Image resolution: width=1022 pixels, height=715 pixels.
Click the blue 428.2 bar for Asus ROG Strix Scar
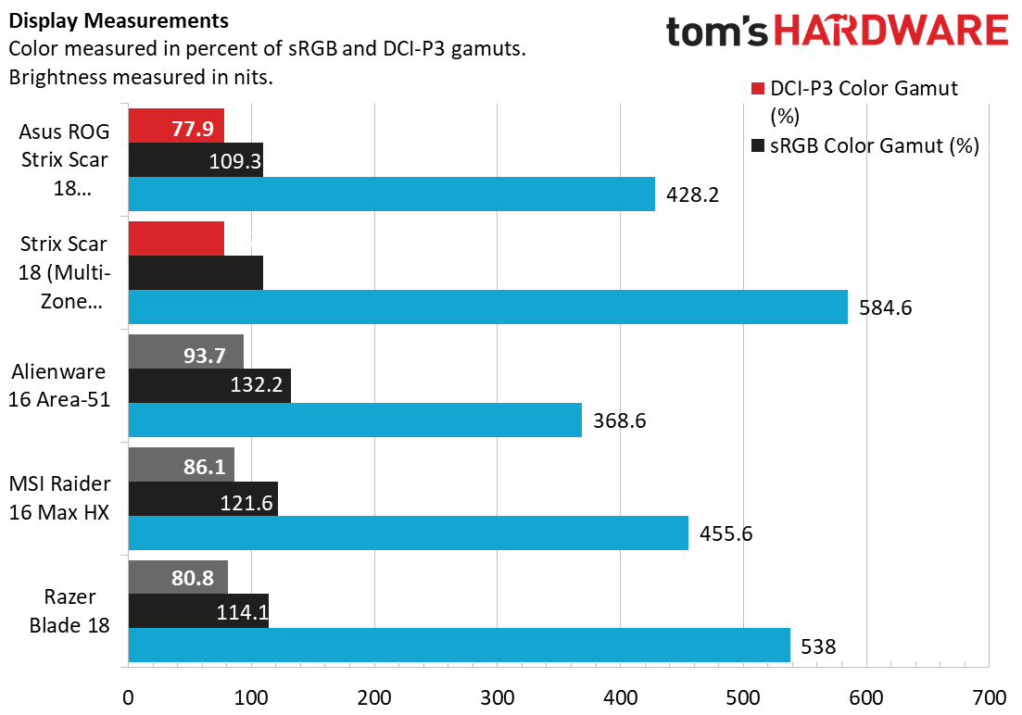391,194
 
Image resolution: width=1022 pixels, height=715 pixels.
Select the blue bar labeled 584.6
487,307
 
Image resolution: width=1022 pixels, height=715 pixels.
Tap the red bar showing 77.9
176,126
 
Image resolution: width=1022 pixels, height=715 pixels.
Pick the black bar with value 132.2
209,386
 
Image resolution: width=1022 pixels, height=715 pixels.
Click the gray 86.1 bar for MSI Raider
182,465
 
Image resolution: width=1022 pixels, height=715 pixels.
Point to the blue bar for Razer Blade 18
459,646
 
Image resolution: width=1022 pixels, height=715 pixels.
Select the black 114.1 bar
198,610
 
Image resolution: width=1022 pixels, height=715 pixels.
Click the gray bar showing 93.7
185,352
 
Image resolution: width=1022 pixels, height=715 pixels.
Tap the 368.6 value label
619,420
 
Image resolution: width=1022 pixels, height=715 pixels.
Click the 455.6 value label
726,533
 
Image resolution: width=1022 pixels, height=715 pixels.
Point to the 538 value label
818,646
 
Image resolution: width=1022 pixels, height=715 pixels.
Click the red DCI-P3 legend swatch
757,88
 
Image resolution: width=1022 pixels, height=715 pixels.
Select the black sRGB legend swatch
757,144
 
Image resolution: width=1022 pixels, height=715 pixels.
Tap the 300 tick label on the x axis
498,698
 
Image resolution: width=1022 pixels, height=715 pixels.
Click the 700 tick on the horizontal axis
990,698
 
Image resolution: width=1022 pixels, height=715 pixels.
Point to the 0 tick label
129,698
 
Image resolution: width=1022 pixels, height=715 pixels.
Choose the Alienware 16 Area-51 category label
59,385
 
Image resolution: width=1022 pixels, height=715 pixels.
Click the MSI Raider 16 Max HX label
59,498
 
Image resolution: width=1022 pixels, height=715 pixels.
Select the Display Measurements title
119,21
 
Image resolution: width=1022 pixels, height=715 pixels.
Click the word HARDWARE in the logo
891,31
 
